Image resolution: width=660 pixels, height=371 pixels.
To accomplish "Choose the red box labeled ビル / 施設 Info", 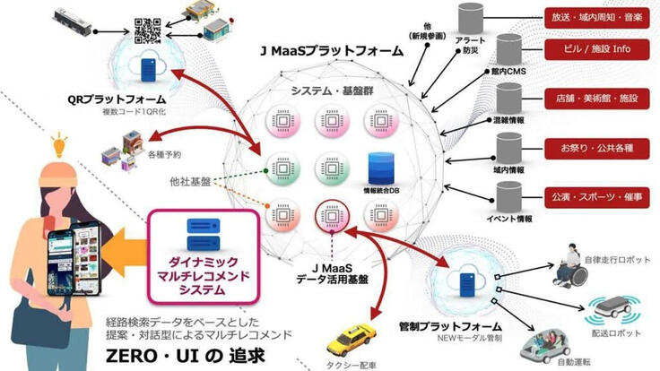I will coord(597,47).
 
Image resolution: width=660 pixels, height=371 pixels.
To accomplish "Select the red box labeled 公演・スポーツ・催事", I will coord(597,195).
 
